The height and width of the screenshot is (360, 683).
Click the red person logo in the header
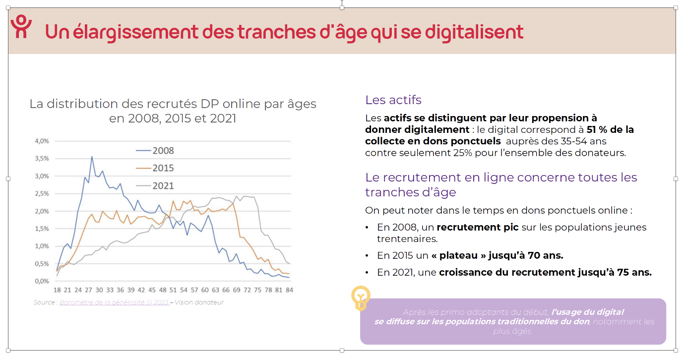click(x=21, y=27)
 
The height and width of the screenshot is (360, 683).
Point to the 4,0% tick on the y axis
click(x=42, y=141)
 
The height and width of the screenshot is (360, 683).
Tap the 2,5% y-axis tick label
click(x=42, y=193)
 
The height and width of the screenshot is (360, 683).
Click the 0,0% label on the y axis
click(x=42, y=281)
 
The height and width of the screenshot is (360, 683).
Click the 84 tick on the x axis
click(x=289, y=290)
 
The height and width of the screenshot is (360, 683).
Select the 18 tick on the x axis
click(x=57, y=290)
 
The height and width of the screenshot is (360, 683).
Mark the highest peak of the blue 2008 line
click(x=91, y=157)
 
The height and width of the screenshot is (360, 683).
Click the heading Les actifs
click(x=393, y=100)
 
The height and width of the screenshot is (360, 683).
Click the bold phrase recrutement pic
click(x=478, y=227)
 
